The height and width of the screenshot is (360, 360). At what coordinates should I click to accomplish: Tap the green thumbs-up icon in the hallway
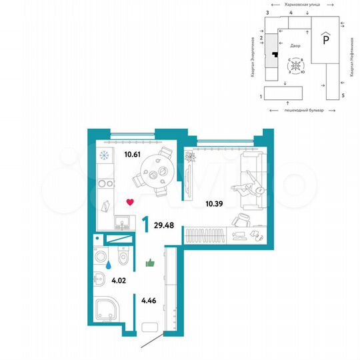tap(150, 263)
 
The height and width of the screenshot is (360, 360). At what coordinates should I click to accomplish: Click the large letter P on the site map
tap(325, 39)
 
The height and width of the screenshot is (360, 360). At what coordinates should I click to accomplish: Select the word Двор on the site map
tap(295, 46)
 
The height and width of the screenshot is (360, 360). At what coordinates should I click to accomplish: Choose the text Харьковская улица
tap(299, 4)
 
